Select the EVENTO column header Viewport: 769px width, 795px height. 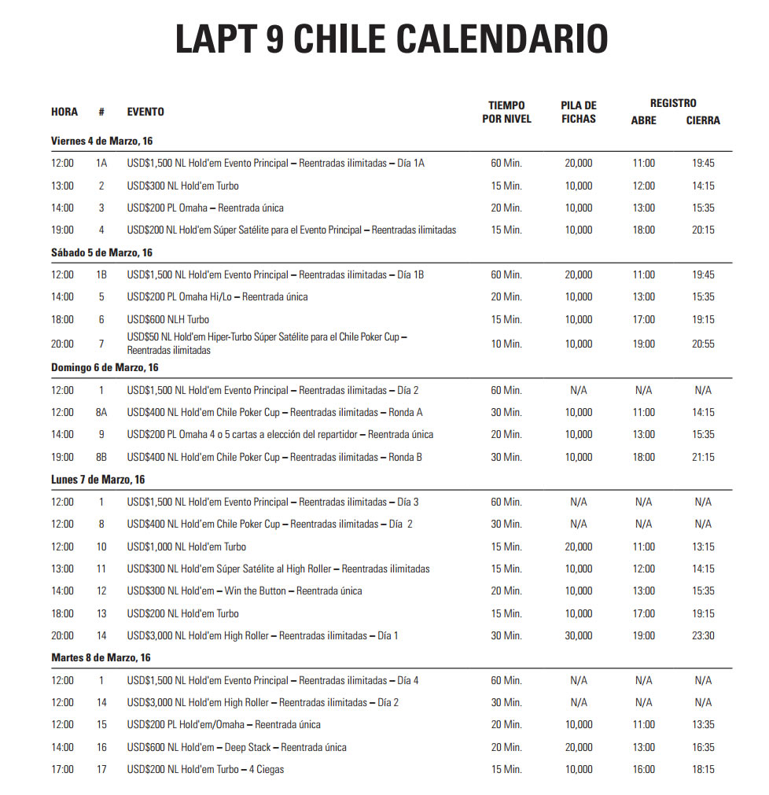point(145,112)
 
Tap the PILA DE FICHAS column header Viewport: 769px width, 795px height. point(579,112)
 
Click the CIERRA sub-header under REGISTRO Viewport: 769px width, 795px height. point(703,120)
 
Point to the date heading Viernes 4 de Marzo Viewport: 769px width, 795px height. point(101,141)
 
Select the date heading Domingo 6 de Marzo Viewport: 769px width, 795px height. point(105,367)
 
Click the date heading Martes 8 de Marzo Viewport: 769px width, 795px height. point(101,657)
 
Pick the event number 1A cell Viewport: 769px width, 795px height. point(101,164)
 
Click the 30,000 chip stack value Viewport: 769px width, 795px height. point(579,635)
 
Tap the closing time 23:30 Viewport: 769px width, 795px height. point(703,635)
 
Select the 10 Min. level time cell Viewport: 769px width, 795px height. point(506,344)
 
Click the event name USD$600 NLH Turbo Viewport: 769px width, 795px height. point(168,319)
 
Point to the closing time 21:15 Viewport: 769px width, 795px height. point(703,457)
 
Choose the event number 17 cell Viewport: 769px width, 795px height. point(101,769)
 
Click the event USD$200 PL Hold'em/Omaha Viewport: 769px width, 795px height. point(224,724)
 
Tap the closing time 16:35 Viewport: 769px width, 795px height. point(703,747)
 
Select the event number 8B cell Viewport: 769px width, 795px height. point(101,457)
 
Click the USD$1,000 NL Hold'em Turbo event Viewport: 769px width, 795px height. point(186,547)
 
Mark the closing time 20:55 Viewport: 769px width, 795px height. point(703,344)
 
